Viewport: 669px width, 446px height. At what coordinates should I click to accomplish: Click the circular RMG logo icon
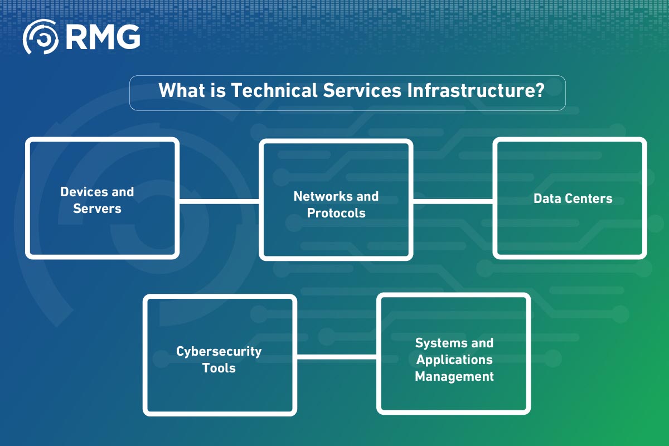click(x=40, y=37)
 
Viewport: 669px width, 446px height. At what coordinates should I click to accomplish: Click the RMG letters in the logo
click(x=103, y=37)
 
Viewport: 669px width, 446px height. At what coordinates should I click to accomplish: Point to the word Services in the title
click(x=358, y=90)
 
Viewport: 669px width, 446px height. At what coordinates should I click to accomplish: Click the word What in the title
click(x=180, y=90)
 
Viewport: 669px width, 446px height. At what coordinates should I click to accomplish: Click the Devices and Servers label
click(x=97, y=200)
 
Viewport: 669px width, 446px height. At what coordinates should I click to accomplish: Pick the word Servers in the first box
click(x=97, y=209)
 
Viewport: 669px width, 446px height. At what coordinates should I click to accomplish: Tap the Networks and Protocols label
click(x=336, y=205)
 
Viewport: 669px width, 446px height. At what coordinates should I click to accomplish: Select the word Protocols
click(x=336, y=214)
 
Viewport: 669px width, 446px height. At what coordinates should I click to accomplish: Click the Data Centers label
click(x=573, y=198)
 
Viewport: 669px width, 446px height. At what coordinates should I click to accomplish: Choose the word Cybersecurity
click(x=219, y=351)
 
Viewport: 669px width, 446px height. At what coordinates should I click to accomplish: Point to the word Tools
click(x=219, y=369)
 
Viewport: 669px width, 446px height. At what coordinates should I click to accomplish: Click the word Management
click(x=454, y=377)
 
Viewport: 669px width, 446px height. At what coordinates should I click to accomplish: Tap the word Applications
click(x=454, y=360)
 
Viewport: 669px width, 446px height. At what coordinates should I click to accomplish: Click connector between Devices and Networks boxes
click(x=219, y=201)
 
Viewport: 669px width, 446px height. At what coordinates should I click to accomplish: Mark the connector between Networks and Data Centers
click(x=453, y=201)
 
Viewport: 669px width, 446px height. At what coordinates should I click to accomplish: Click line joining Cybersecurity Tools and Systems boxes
click(x=336, y=356)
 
